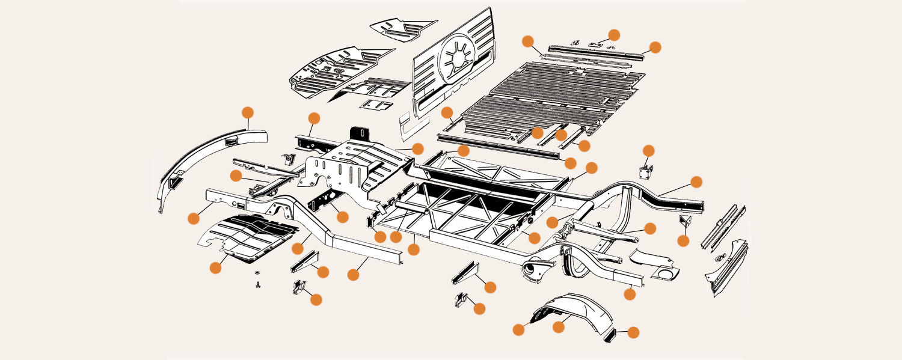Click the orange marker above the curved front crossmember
248,112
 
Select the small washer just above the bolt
257,275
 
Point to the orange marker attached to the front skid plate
216,268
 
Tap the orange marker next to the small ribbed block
633,332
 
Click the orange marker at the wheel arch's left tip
518,329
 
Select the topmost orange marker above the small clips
614,34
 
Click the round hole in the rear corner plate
664,275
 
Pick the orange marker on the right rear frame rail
696,182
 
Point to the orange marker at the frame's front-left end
194,218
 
